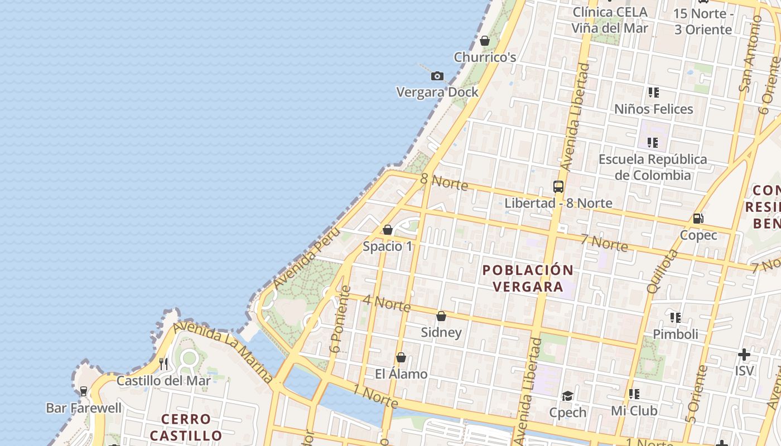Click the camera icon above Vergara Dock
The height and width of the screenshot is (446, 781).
coord(437,76)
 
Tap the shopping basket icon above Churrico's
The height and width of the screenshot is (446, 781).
coord(485,41)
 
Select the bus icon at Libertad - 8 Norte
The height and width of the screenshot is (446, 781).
coord(558,187)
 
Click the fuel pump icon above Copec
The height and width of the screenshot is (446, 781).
coord(698,219)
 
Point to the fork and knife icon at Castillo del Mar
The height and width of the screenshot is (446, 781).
coord(163,364)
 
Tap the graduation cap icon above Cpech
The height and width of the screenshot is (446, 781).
coord(567,396)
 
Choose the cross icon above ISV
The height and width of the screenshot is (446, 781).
coord(744,355)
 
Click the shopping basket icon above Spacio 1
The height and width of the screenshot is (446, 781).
coord(388,230)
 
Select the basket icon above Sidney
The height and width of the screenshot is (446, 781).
coord(441,316)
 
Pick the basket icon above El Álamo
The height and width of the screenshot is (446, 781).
coord(401,357)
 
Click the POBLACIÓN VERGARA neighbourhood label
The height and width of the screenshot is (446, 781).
coord(528,278)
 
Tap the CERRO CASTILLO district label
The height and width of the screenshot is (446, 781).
coord(186,427)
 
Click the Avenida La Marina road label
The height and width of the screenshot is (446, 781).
coord(223,352)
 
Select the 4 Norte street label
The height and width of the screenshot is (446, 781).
coord(387,303)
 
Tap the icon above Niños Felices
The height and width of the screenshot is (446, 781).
coord(653,93)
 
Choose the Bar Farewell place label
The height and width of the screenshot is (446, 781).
coord(84,408)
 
